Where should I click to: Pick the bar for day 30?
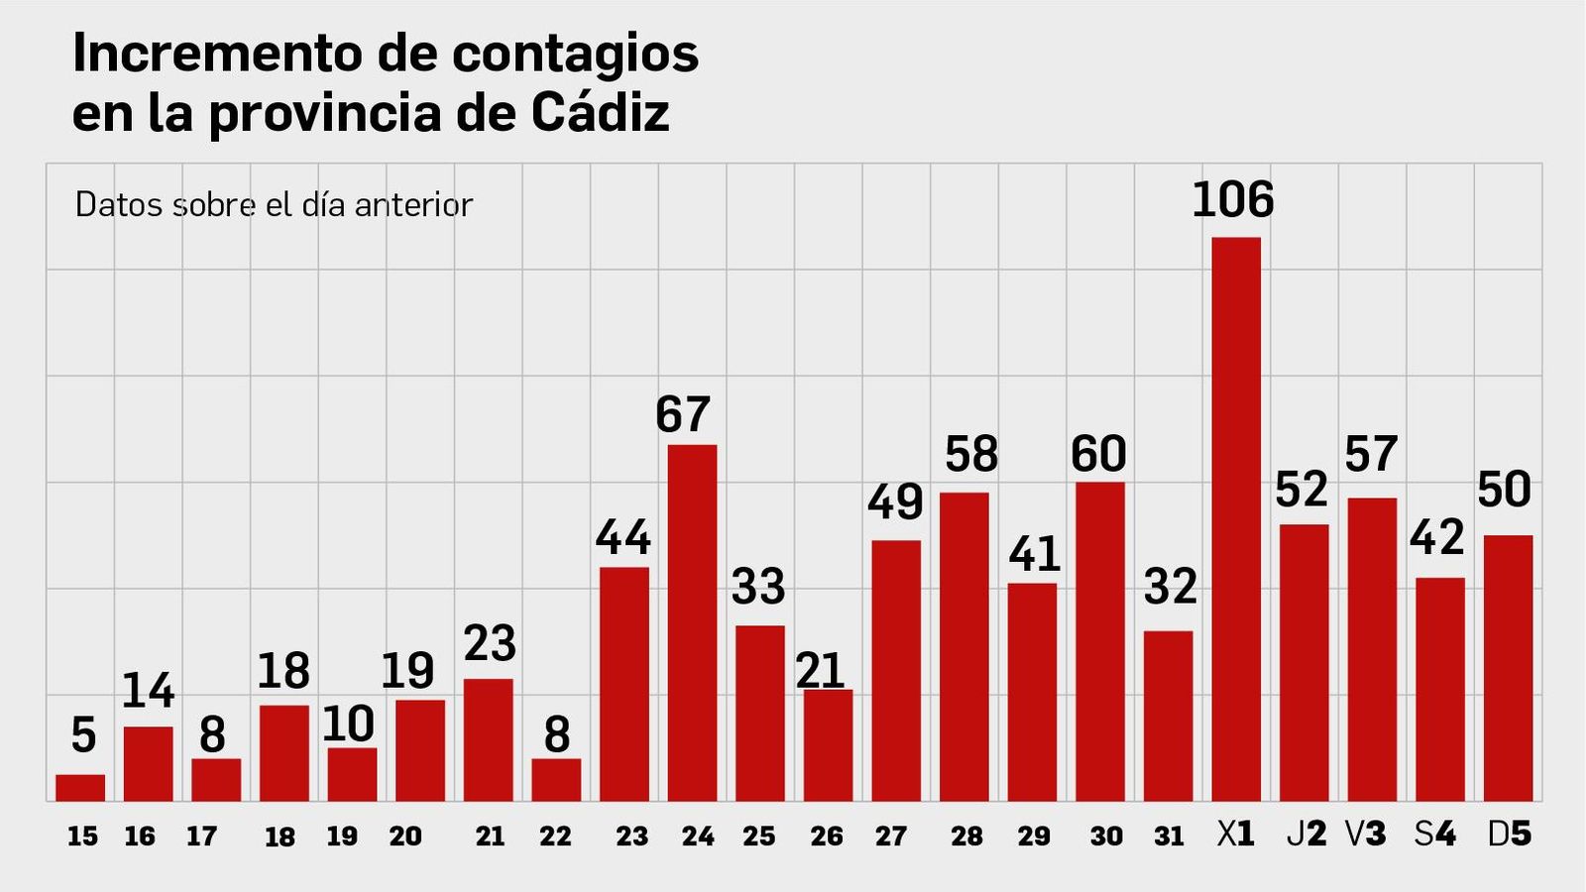tap(1100, 641)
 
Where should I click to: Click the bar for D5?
tap(1508, 668)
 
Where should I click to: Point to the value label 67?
tap(683, 414)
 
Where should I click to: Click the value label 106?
tap(1232, 200)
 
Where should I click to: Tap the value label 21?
tap(820, 671)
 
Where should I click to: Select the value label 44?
tap(623, 537)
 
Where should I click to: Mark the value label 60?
tap(1098, 454)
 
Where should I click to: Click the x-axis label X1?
tap(1235, 835)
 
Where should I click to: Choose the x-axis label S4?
tap(1434, 835)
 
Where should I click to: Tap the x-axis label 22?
tap(555, 836)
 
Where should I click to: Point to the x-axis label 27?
tap(890, 836)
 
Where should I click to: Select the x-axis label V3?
tap(1365, 835)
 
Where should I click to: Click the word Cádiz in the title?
tap(601, 112)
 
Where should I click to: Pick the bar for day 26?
tap(828, 745)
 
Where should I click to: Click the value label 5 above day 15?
tap(83, 735)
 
